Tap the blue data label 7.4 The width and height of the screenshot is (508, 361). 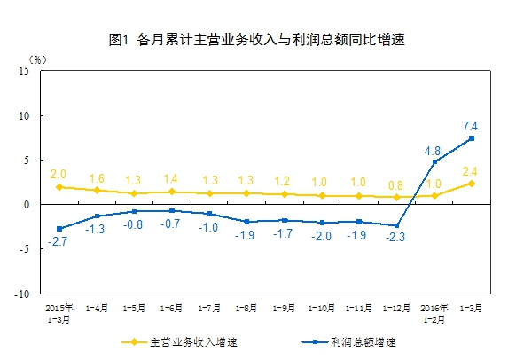(472, 125)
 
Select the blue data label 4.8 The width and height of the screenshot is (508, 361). (434, 150)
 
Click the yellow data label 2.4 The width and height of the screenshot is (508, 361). (472, 171)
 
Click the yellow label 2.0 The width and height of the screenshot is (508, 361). (58, 175)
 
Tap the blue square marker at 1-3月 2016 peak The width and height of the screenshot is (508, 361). (472, 138)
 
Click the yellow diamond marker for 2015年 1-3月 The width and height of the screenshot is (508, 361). (59, 187)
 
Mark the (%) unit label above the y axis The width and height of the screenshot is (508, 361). (36, 59)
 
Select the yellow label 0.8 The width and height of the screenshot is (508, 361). (395, 185)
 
